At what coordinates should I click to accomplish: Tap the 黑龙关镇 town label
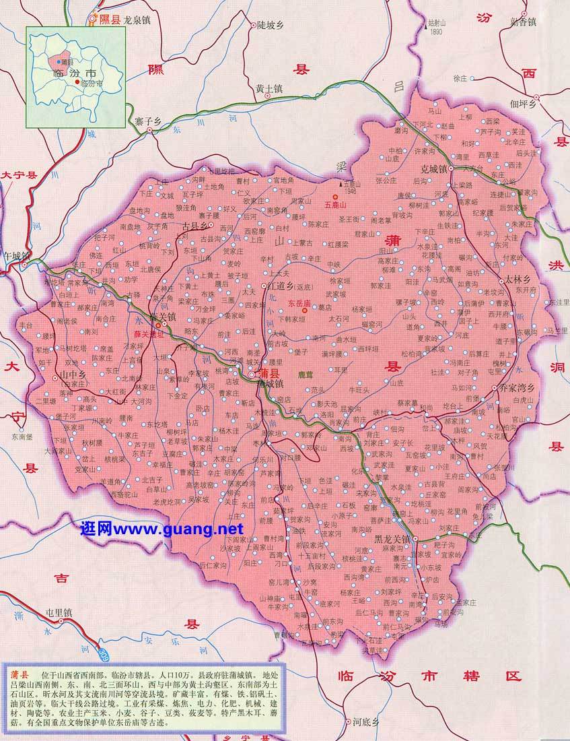click(x=393, y=540)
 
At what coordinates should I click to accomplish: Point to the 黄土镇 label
click(x=269, y=88)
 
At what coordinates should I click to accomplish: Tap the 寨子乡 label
click(x=148, y=121)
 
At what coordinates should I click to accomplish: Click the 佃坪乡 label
click(x=523, y=104)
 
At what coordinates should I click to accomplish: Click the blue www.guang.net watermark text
click(x=161, y=529)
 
